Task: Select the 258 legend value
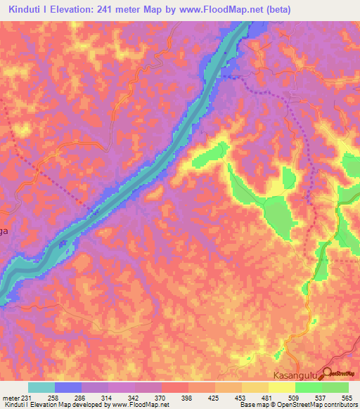click(53, 397)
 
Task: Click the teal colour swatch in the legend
click(41, 387)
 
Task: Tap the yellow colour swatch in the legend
click(281, 387)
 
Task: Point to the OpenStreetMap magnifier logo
click(328, 376)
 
